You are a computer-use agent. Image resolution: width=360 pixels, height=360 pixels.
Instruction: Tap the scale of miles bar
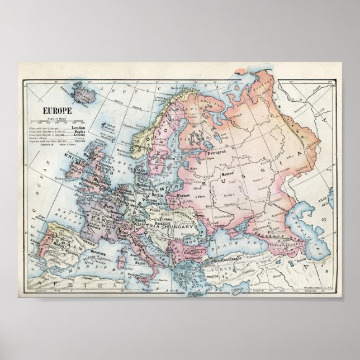coord(60,122)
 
